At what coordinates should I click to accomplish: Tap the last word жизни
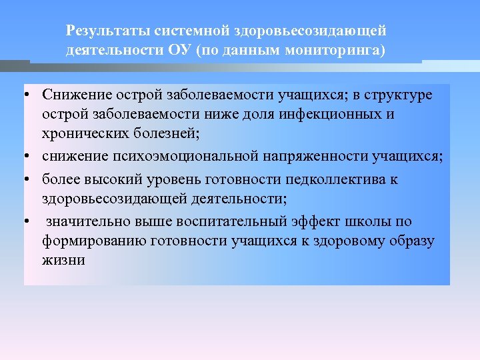tap(63, 259)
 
